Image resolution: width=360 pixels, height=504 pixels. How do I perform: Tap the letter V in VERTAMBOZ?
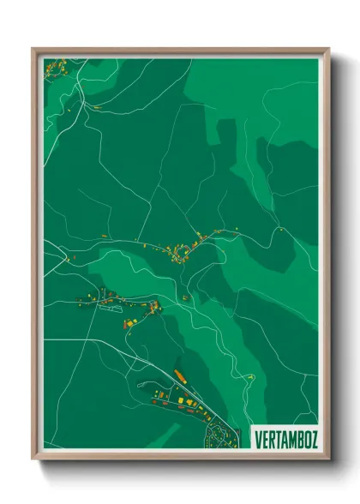(258, 439)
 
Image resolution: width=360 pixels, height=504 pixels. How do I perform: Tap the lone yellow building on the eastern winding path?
(250, 376)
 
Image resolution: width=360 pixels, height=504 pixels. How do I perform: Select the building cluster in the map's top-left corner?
(57, 66)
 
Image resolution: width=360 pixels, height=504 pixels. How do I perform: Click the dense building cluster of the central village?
(183, 249)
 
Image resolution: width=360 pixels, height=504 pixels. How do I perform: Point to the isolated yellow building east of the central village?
(279, 230)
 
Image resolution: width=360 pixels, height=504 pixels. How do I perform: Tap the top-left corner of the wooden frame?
(33, 49)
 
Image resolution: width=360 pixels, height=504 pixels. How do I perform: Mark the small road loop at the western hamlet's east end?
(155, 306)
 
